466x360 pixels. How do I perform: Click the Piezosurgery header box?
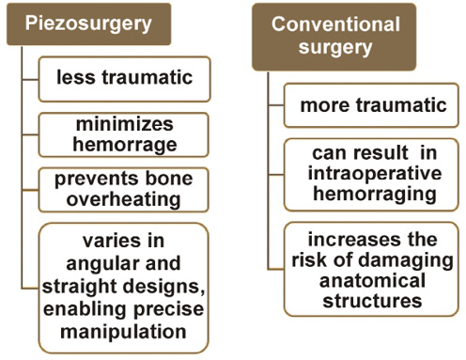coord(89,24)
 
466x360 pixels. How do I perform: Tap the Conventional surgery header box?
coord(334,37)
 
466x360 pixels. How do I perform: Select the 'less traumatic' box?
coord(124,79)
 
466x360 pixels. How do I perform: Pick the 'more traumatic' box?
coord(371,105)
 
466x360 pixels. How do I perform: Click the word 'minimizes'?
coord(125,124)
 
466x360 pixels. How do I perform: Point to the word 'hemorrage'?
coord(125,145)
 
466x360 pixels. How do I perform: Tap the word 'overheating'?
coord(124,199)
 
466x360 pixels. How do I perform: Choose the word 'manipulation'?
coord(123,332)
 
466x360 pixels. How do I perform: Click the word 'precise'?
coord(169,309)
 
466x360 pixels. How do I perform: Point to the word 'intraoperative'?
coord(375,174)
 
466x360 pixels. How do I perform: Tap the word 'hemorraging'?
coord(375,195)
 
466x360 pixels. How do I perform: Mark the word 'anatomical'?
coord(372,281)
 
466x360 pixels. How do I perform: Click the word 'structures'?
coord(372,301)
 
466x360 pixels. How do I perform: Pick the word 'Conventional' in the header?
coord(335,24)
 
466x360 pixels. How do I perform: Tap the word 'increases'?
coord(354,240)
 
